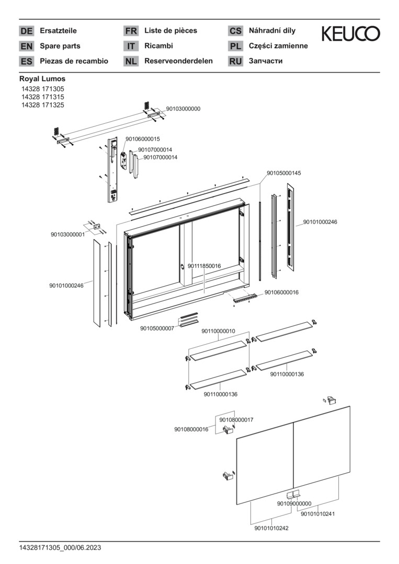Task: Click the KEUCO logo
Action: coord(351,34)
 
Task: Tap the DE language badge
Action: coord(26,31)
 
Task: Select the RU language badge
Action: coord(235,62)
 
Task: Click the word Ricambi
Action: coord(158,46)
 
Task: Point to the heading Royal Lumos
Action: coord(42,79)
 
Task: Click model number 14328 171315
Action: coord(43,97)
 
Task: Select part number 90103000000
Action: coord(183,109)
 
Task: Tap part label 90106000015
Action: coord(142,139)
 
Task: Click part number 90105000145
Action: coord(284,173)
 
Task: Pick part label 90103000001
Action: coord(67,235)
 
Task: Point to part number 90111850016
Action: coord(204,266)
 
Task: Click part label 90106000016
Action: coord(281,292)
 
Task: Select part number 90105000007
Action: coord(157,328)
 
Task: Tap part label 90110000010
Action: coord(218,332)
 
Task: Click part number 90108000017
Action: coord(236,420)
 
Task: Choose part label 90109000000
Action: coord(294,503)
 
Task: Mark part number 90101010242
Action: coord(271,528)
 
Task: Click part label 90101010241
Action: coord(317,514)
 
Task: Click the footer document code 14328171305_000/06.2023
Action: coord(60,548)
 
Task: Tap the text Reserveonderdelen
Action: coord(178,61)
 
